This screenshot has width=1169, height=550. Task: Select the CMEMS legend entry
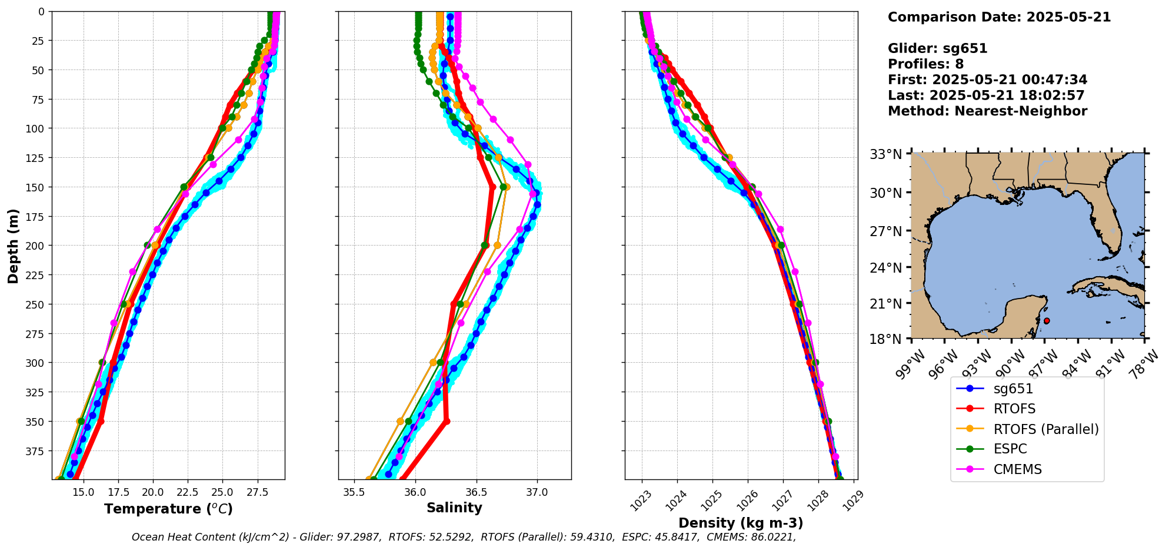click(x=1017, y=469)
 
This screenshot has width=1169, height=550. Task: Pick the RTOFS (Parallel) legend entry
click(x=1045, y=429)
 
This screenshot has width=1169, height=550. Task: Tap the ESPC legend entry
click(x=1010, y=449)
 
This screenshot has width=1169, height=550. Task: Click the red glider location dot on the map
click(x=1047, y=321)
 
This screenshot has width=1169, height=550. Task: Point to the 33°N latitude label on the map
click(x=885, y=155)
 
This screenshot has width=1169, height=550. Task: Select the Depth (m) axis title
click(x=13, y=246)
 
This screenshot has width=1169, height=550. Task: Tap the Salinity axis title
click(x=454, y=508)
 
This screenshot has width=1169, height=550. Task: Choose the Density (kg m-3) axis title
click(x=741, y=523)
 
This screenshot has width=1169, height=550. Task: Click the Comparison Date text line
click(x=999, y=17)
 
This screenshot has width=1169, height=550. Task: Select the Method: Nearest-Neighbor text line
click(x=987, y=111)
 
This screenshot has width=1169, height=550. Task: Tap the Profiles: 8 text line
click(x=925, y=64)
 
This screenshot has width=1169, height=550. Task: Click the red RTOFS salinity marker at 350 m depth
click(x=447, y=421)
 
